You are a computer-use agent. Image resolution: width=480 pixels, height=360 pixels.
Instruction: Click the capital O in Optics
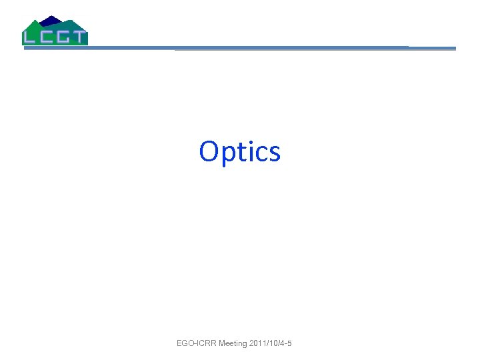(x=210, y=151)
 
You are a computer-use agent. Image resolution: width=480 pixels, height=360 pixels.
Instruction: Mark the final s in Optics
(x=274, y=153)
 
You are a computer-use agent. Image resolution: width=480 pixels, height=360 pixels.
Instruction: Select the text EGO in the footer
(x=185, y=343)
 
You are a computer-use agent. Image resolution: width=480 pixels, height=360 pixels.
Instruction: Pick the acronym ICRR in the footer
(x=205, y=343)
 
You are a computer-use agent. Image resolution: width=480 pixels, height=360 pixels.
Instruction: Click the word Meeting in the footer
(x=233, y=343)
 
